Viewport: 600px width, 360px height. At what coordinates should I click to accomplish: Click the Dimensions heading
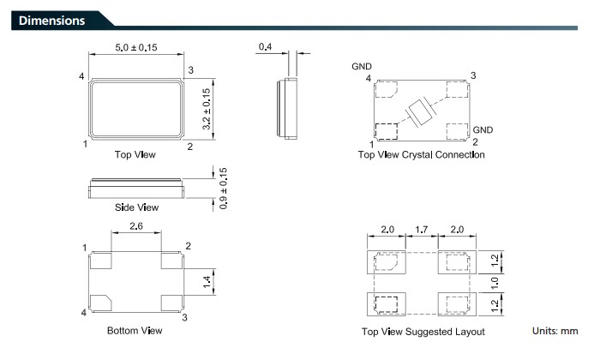click(51, 20)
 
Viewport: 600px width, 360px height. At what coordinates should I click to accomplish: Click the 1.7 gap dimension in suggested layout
click(420, 230)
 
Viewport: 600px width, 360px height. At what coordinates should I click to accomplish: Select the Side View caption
click(136, 207)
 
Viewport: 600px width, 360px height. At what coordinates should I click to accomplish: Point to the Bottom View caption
click(135, 330)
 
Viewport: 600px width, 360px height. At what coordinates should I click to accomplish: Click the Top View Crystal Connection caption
click(421, 155)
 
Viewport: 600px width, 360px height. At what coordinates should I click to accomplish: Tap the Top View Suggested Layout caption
click(423, 332)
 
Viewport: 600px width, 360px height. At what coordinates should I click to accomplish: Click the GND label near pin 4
click(362, 66)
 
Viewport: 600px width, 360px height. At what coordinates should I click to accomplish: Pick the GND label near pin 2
click(483, 130)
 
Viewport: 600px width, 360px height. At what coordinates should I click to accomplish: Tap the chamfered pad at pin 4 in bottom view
click(100, 301)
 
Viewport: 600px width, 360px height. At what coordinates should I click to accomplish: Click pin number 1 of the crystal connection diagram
click(371, 143)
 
